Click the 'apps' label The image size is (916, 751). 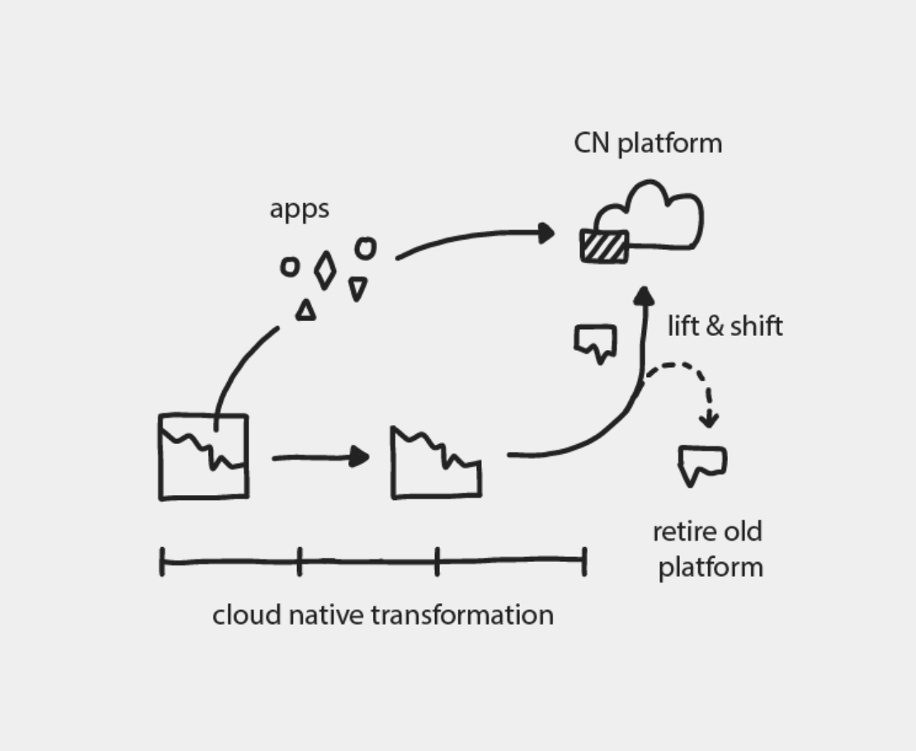(299, 210)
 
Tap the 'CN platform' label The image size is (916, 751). (648, 143)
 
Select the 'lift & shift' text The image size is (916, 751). (725, 326)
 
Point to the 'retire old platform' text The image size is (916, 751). (709, 549)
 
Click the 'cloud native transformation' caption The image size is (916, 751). (383, 615)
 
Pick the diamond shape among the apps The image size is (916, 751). (325, 270)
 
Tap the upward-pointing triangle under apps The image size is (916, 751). (306, 310)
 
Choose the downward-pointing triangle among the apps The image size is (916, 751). (357, 288)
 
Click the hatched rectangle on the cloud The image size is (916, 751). (604, 246)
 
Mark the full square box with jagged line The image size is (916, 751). (203, 456)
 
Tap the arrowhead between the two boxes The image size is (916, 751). (360, 456)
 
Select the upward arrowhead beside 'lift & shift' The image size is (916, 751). (645, 297)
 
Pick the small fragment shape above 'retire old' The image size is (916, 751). (701, 465)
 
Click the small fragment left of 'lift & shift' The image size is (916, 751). (596, 342)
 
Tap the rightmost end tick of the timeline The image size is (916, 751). (584, 560)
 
